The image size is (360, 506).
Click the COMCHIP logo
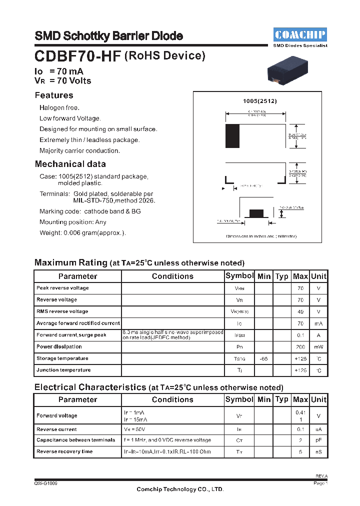pos(300,34)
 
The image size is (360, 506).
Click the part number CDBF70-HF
pos(77,56)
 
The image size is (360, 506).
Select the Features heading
pos(54,95)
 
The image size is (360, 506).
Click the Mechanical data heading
pos(70,164)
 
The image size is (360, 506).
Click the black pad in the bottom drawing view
pos(256,213)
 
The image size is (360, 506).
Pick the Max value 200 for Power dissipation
pos(300,347)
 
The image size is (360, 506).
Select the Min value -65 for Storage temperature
pos(263,359)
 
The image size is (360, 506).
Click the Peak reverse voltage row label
pos(62,288)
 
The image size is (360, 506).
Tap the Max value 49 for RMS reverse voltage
pos(300,311)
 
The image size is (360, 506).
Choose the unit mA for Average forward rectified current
pos(318,323)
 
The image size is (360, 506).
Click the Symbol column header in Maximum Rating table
pos(239,276)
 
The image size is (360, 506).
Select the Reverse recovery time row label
pos(64,451)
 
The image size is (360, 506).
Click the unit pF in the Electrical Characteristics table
pos(318,440)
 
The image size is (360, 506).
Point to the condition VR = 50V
pos(135,429)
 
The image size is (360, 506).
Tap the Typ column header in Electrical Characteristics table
pos(282,399)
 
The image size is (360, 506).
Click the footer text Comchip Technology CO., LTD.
pos(180,489)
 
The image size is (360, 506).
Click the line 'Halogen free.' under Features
pos(59,107)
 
